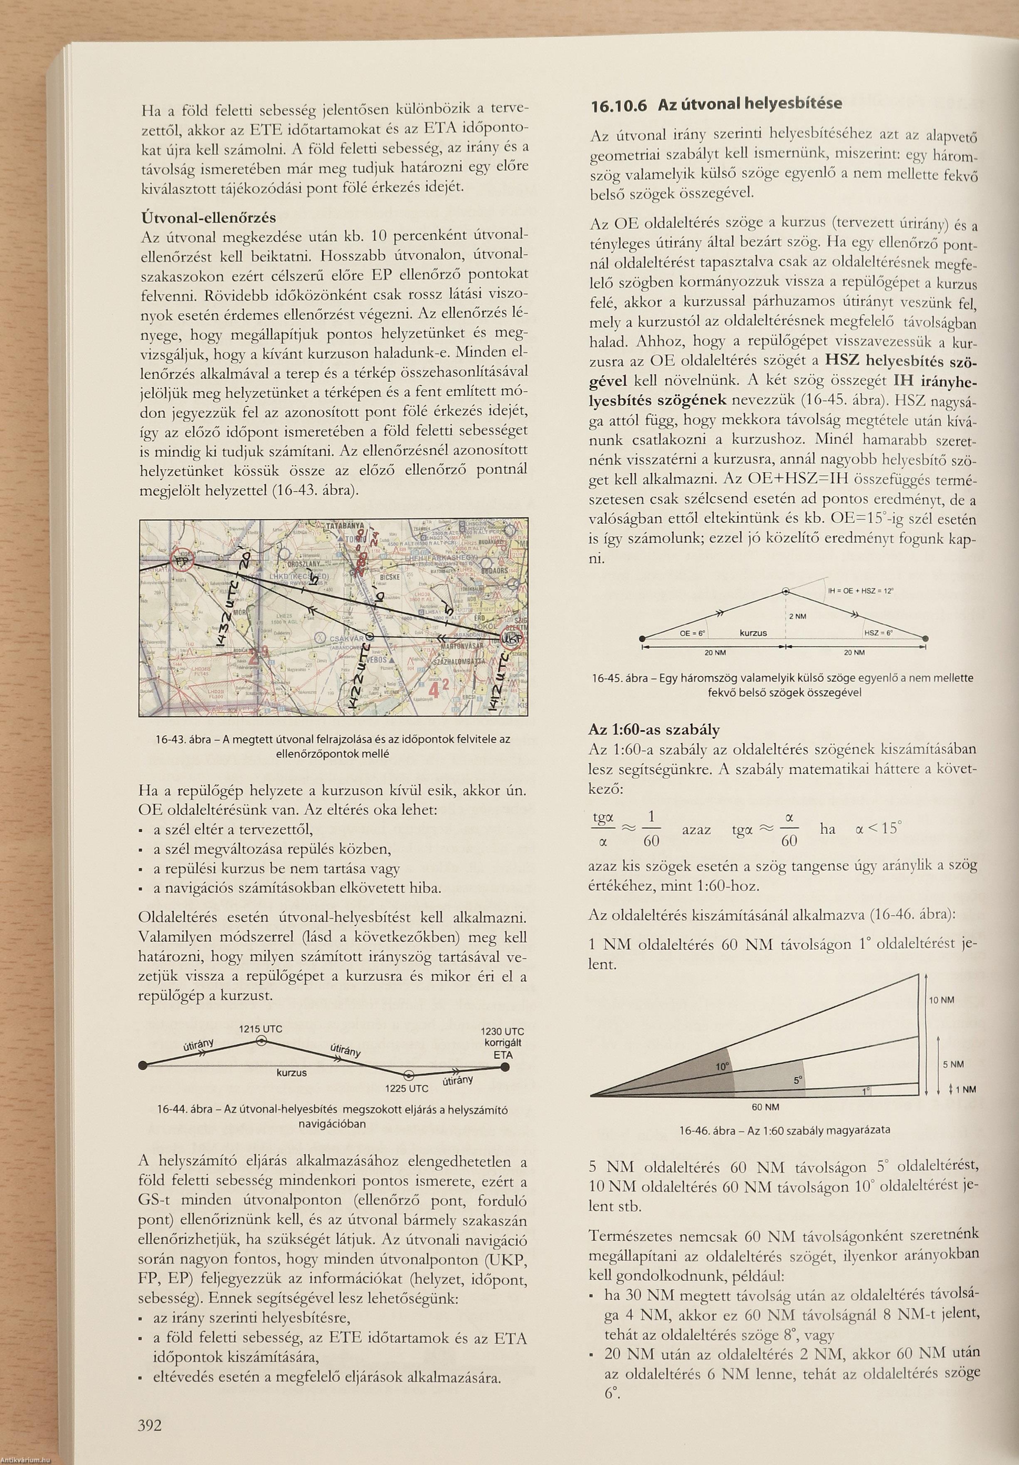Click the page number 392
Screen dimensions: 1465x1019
tap(150, 1422)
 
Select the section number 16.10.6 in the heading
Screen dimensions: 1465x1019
tap(617, 105)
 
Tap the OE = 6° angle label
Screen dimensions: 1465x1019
tap(693, 633)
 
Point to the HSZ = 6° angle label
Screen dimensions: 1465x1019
tap(878, 633)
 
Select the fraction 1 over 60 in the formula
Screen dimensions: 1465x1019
tap(651, 829)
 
